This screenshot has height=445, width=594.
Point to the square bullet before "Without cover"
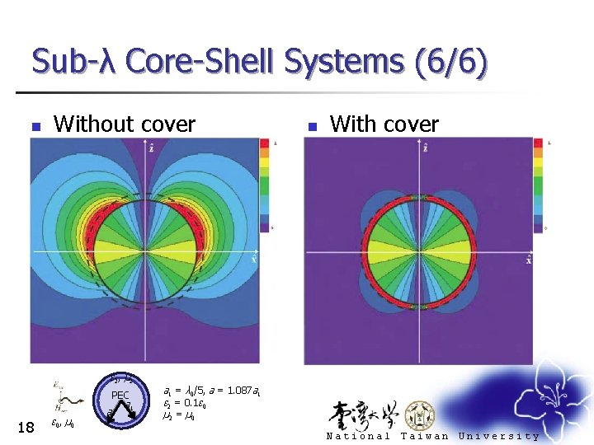tap(35, 127)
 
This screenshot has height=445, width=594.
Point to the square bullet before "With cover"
tap(312, 127)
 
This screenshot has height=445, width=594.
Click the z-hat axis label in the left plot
tap(151, 148)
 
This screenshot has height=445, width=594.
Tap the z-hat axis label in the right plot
tap(425, 148)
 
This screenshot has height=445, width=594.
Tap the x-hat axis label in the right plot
tap(528, 260)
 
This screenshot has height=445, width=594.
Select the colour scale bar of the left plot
tap(264, 185)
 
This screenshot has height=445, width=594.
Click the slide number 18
tap(26, 426)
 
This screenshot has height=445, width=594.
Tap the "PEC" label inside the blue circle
tap(120, 396)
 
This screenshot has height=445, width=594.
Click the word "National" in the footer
tap(358, 436)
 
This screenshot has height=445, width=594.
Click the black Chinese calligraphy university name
tap(364, 413)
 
